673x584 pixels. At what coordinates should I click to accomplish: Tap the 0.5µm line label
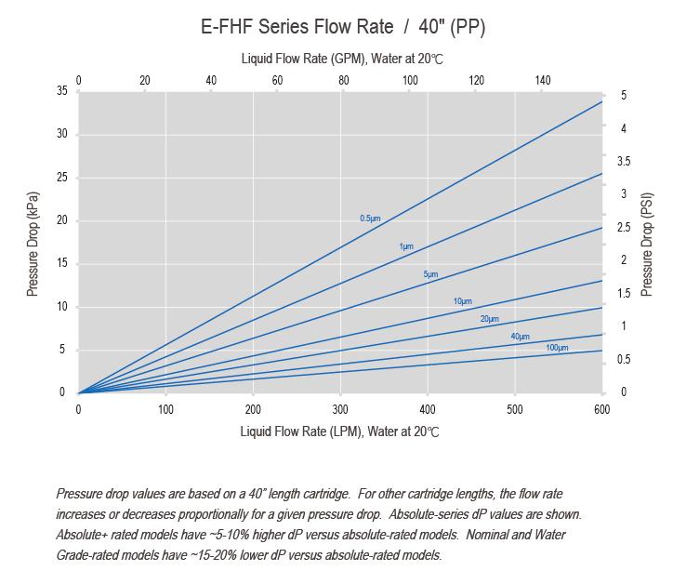pos(370,219)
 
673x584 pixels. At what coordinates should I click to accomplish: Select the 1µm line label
pos(405,246)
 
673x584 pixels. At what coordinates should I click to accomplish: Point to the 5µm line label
pos(430,274)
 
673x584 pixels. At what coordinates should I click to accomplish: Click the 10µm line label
pos(462,301)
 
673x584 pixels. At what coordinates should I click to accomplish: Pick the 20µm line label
pos(489,319)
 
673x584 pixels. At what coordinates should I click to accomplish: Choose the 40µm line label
pos(520,336)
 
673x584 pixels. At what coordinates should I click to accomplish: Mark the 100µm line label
pos(557,348)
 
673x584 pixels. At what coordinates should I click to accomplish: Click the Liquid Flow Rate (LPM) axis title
pos(339,431)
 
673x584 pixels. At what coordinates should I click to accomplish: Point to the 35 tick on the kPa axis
pos(61,91)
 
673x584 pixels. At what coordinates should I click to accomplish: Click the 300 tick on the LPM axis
pos(340,408)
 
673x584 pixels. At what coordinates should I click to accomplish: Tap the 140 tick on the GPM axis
pos(543,80)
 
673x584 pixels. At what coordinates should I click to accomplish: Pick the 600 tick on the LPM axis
pos(601,408)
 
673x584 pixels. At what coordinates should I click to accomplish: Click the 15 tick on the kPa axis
pos(61,263)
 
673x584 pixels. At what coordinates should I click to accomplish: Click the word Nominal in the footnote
pos(488,535)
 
